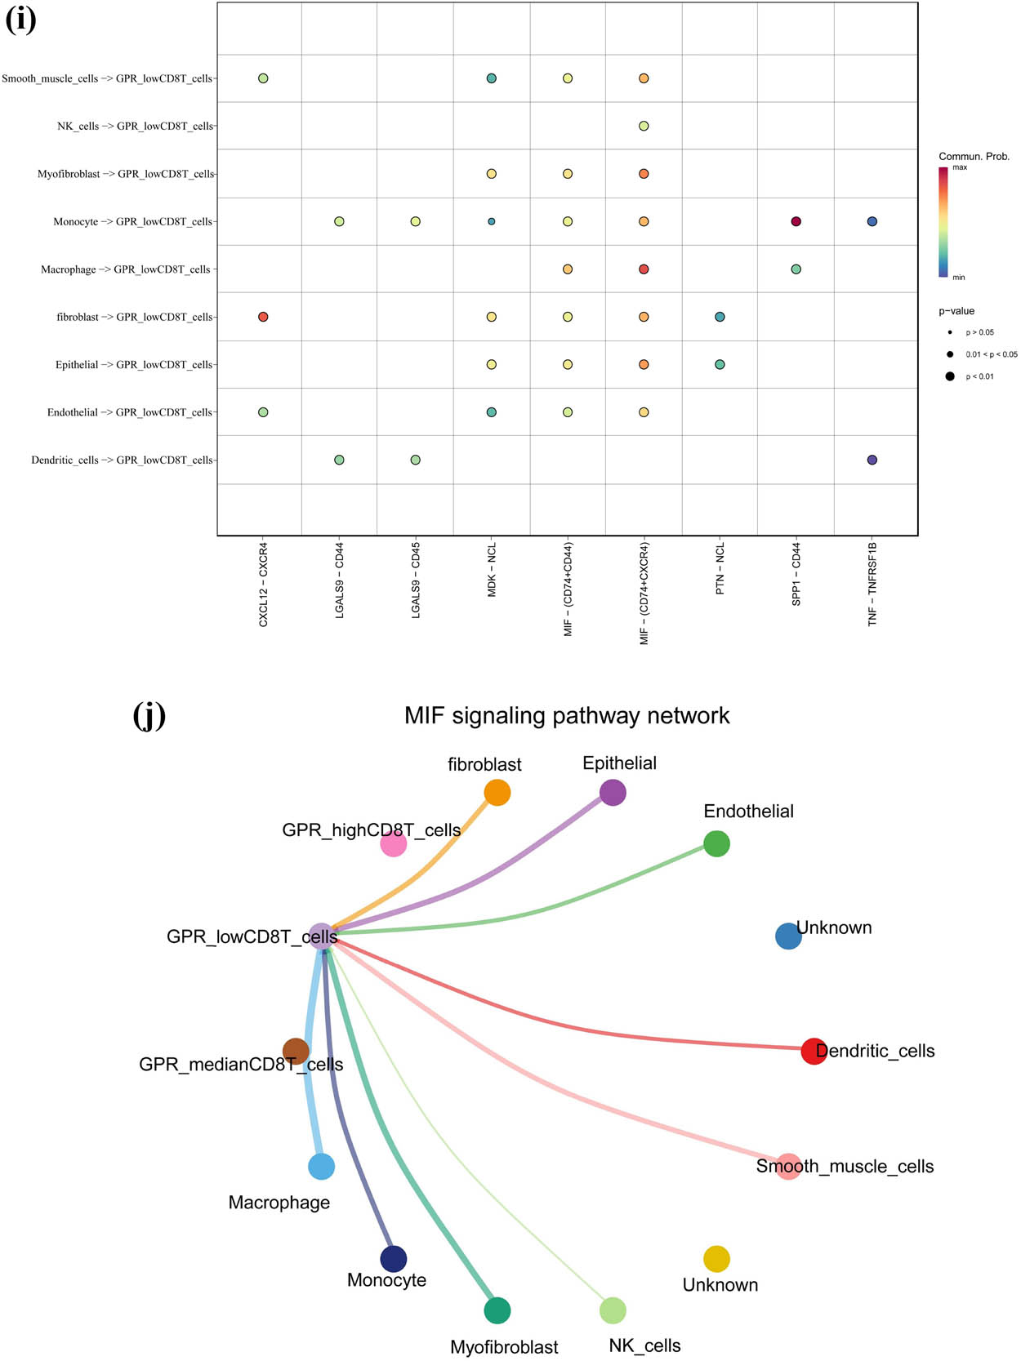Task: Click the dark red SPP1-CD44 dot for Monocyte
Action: pos(796,221)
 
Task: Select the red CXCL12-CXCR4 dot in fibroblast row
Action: pos(263,317)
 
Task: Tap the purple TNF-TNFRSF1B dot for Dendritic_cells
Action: pos(872,460)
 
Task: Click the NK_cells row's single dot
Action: pos(644,127)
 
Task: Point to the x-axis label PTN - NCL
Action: pos(720,569)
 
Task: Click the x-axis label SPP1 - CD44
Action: pos(796,575)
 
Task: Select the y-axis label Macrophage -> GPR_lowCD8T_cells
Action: pos(126,269)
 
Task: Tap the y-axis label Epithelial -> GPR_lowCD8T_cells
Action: pos(134,365)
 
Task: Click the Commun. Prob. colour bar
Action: pos(943,222)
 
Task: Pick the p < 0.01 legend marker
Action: pos(950,376)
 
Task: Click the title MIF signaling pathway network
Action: pos(567,716)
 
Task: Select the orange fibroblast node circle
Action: pos(497,792)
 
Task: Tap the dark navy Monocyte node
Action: pos(394,1258)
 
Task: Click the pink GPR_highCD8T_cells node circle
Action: pos(394,843)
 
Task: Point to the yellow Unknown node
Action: pos(716,1258)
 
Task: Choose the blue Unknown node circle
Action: pos(788,936)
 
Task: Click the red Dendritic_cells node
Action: pos(814,1051)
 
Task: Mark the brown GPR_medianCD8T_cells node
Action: pos(296,1051)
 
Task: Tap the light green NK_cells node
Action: pos(613,1310)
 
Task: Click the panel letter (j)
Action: pos(149,715)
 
